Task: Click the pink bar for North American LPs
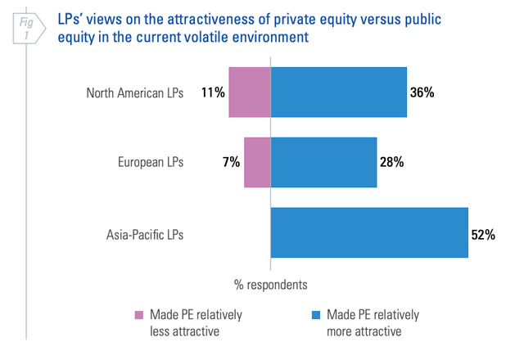[x=249, y=92]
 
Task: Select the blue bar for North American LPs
[x=338, y=92]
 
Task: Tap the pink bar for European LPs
[x=257, y=162]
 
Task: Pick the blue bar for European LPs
[x=323, y=162]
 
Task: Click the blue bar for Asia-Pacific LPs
[x=369, y=233]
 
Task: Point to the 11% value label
[x=213, y=92]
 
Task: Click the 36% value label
[x=422, y=92]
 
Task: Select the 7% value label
[x=230, y=162]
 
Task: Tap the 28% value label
[x=391, y=162]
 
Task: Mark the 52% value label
[x=483, y=234]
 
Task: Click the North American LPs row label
[x=134, y=92]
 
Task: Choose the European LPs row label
[x=151, y=162]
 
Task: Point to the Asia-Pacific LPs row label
[x=144, y=234]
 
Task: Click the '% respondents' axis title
[x=271, y=285]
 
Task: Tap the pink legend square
[x=138, y=315]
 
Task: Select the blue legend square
[x=315, y=315]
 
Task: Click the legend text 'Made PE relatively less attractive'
[x=196, y=322]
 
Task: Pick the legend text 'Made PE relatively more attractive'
[x=373, y=322]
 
